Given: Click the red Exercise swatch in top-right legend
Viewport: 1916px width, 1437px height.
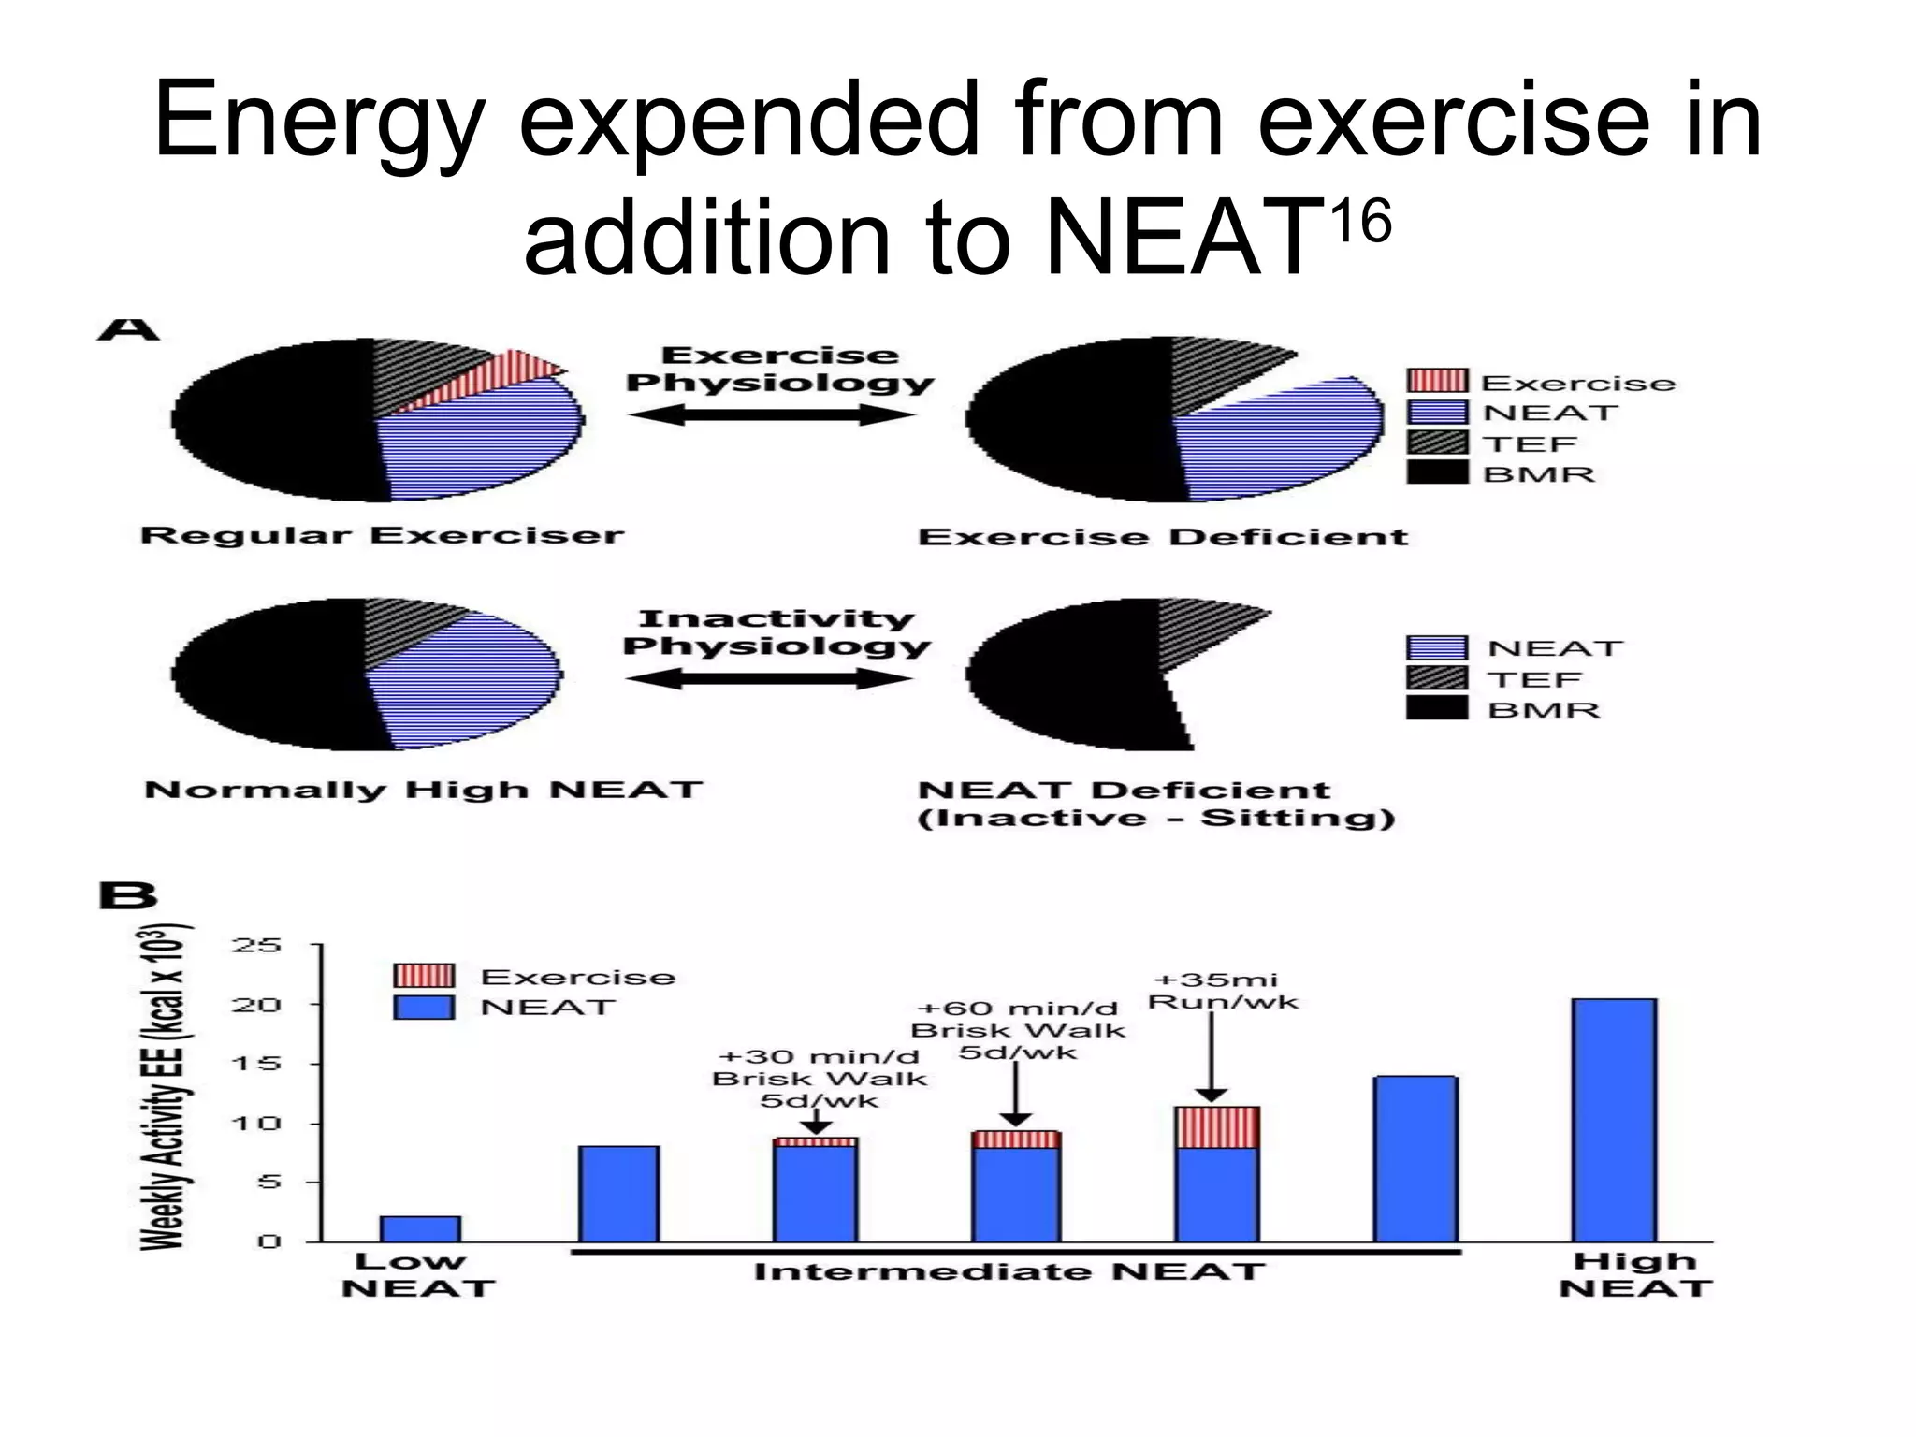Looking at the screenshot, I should click(1437, 381).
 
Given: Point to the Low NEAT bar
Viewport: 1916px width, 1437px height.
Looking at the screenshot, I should click(420, 1228).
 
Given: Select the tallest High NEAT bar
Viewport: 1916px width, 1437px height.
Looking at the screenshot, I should click(1614, 1120).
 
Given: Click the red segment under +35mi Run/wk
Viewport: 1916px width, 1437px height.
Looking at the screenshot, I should click(1217, 1127).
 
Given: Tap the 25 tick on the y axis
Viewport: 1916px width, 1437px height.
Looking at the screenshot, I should click(256, 945).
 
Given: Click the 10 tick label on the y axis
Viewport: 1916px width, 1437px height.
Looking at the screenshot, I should click(256, 1123).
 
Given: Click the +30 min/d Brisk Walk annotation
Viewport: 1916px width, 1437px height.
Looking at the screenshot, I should click(819, 1078).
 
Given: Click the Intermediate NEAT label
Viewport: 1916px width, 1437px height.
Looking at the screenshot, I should click(1009, 1272).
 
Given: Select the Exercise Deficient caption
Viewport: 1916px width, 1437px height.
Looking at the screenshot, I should click(1163, 537).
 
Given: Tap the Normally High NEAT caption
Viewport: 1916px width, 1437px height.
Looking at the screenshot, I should click(423, 790).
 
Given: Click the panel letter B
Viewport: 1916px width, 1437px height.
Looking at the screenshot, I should click(127, 896).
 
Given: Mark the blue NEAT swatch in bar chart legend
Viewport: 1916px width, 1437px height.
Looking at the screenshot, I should click(424, 1007).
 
